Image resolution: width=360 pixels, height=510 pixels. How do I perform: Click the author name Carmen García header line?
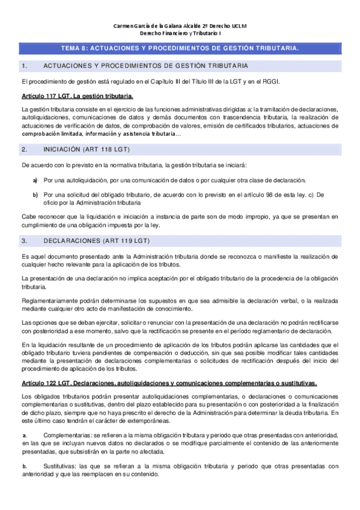[180, 26]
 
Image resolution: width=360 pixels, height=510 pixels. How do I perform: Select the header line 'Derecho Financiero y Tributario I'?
[180, 34]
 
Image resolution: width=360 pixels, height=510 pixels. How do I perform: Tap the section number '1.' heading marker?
[24, 66]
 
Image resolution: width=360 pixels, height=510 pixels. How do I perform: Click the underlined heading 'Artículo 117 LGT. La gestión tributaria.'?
[77, 96]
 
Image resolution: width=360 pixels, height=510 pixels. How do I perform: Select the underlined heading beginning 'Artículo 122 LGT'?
[169, 383]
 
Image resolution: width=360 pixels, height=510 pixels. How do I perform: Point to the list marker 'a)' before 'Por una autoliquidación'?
[35, 180]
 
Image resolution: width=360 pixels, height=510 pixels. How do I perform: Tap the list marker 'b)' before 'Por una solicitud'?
[35, 195]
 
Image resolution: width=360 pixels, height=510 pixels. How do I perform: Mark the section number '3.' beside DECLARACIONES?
[24, 224]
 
